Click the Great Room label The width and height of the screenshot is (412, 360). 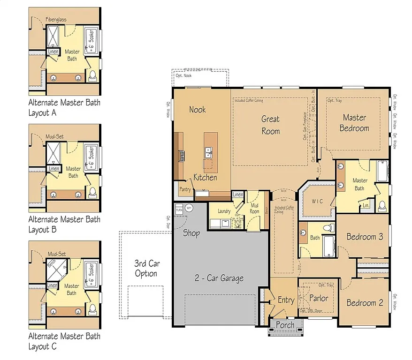coord(270,125)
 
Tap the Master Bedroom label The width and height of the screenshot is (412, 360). coord(354,123)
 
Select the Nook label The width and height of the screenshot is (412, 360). coord(198,110)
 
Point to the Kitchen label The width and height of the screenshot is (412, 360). coord(206,178)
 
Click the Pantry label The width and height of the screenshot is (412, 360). coord(185,190)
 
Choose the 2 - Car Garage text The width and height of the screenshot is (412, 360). coord(219,278)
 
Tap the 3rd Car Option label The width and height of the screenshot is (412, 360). coord(145,269)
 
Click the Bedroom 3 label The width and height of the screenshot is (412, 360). coord(365,237)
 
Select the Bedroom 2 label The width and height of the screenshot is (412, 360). coord(365,303)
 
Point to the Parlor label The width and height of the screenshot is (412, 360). coord(319,298)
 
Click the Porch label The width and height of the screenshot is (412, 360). coord(285,325)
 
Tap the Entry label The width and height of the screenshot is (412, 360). coord(286,300)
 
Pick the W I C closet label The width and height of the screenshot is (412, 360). coord(317,201)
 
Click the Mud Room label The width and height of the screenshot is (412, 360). coord(254,209)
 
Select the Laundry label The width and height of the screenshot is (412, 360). coord(224,211)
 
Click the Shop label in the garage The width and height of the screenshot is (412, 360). coord(191,232)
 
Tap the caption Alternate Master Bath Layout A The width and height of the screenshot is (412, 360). coord(64,107)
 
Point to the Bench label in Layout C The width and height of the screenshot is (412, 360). coord(52,264)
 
